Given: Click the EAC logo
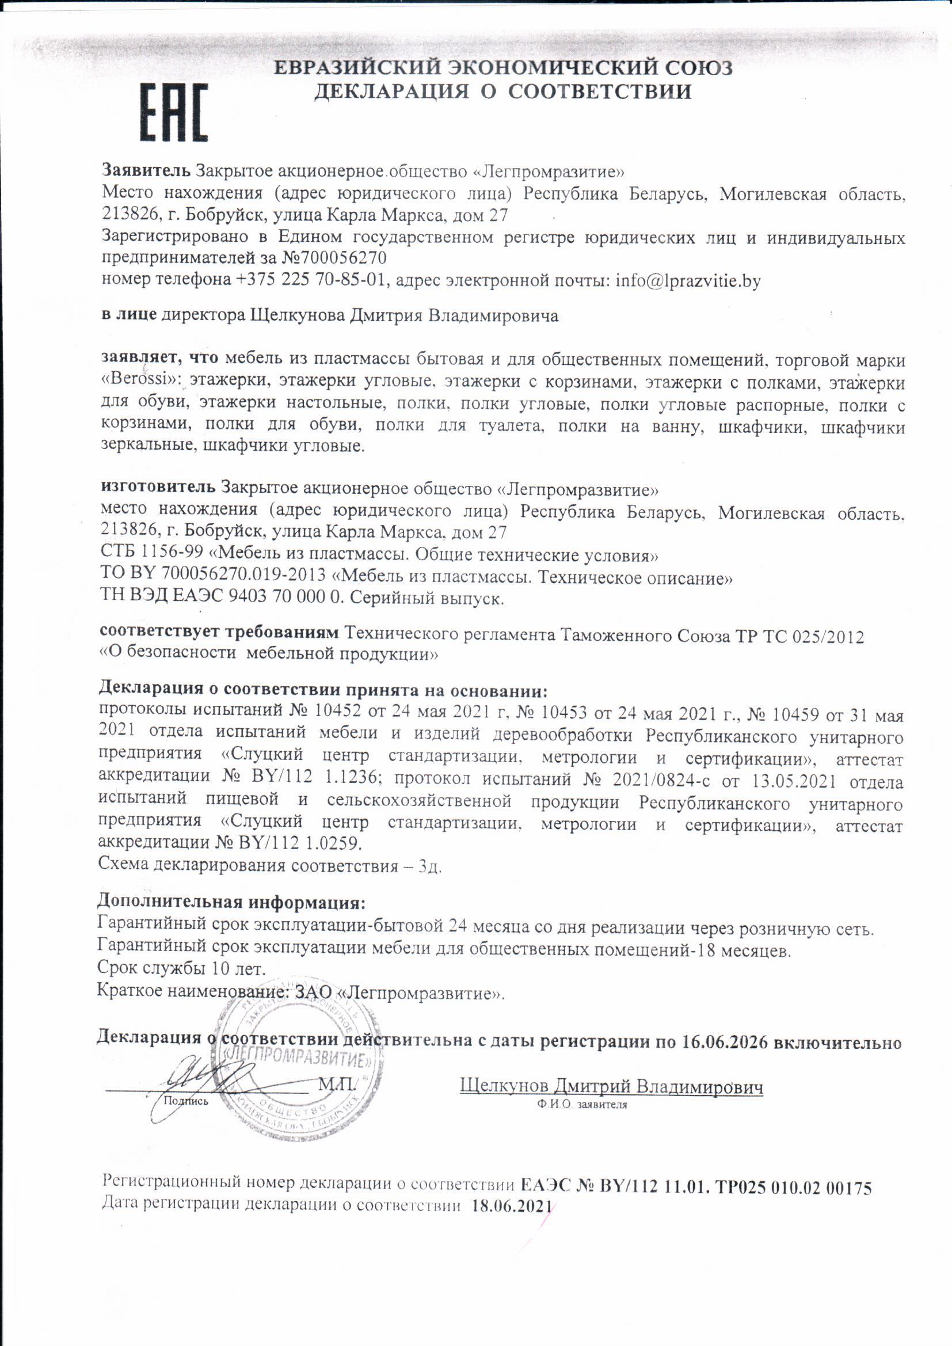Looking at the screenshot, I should coord(173,112).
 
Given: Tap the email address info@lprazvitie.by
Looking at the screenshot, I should coord(688,281).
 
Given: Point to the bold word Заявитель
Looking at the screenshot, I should coord(146,170).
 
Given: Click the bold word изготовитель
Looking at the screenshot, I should coord(158,488).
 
